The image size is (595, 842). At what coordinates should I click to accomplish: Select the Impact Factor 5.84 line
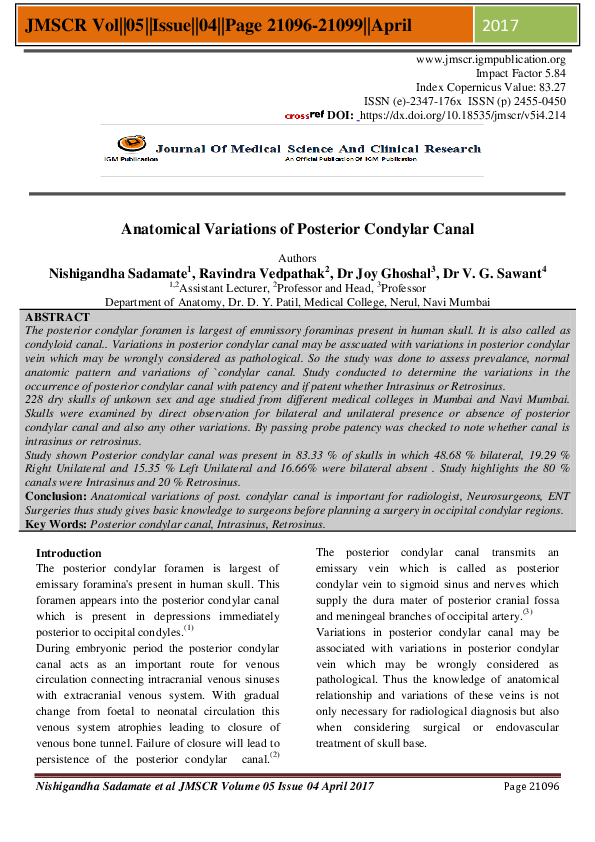pyautogui.click(x=521, y=74)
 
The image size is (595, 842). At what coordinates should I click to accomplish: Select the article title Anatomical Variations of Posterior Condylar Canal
pyautogui.click(x=297, y=229)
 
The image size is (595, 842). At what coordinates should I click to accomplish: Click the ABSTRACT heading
pyautogui.click(x=57, y=316)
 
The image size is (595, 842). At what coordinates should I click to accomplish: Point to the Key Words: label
pyautogui.click(x=55, y=524)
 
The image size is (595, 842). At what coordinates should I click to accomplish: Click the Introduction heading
pyautogui.click(x=68, y=553)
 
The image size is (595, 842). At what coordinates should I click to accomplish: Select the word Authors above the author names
pyautogui.click(x=297, y=257)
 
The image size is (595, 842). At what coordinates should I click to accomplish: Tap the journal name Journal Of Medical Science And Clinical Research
pyautogui.click(x=318, y=149)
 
